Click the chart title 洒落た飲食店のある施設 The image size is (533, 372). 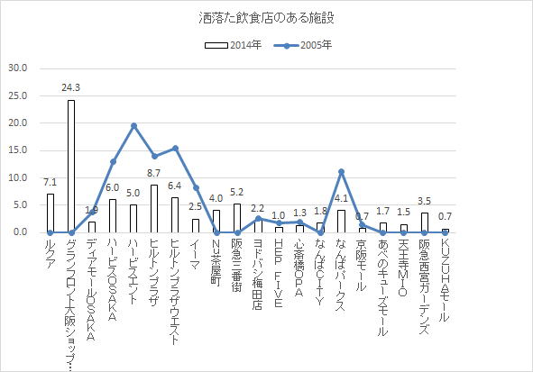coord(266,17)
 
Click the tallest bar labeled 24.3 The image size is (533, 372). coord(71,166)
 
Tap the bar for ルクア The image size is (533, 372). coord(51,213)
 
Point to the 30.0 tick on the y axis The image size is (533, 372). coord(18,68)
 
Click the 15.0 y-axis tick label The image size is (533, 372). coord(18,150)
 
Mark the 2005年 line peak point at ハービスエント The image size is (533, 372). coord(134,125)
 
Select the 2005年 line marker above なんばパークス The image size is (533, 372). coord(342,171)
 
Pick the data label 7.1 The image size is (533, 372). coord(51,183)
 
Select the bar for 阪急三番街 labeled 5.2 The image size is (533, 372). coord(237,218)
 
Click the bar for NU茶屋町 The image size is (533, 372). coord(216,222)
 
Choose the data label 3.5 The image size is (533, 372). coord(425,203)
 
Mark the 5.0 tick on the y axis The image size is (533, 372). coord(18,205)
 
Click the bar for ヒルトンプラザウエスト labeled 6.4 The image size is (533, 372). coord(175,215)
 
